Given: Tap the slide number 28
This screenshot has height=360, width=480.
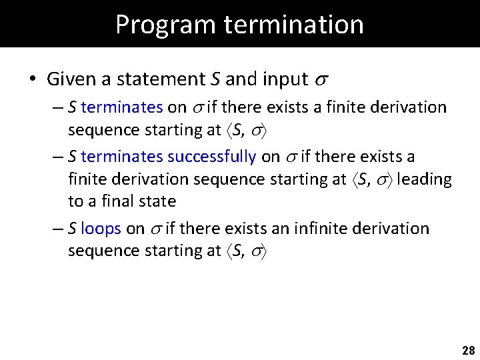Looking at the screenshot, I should [468, 351].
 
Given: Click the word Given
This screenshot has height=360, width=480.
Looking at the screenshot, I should [70, 79].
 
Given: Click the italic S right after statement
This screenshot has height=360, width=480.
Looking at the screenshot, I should [215, 79].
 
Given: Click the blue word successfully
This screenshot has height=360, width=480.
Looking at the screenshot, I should [211, 157].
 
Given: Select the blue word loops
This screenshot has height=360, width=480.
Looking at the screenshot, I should [101, 229].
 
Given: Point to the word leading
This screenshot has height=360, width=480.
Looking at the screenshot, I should [425, 179].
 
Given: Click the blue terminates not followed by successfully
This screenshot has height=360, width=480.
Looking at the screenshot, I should [121, 107].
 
